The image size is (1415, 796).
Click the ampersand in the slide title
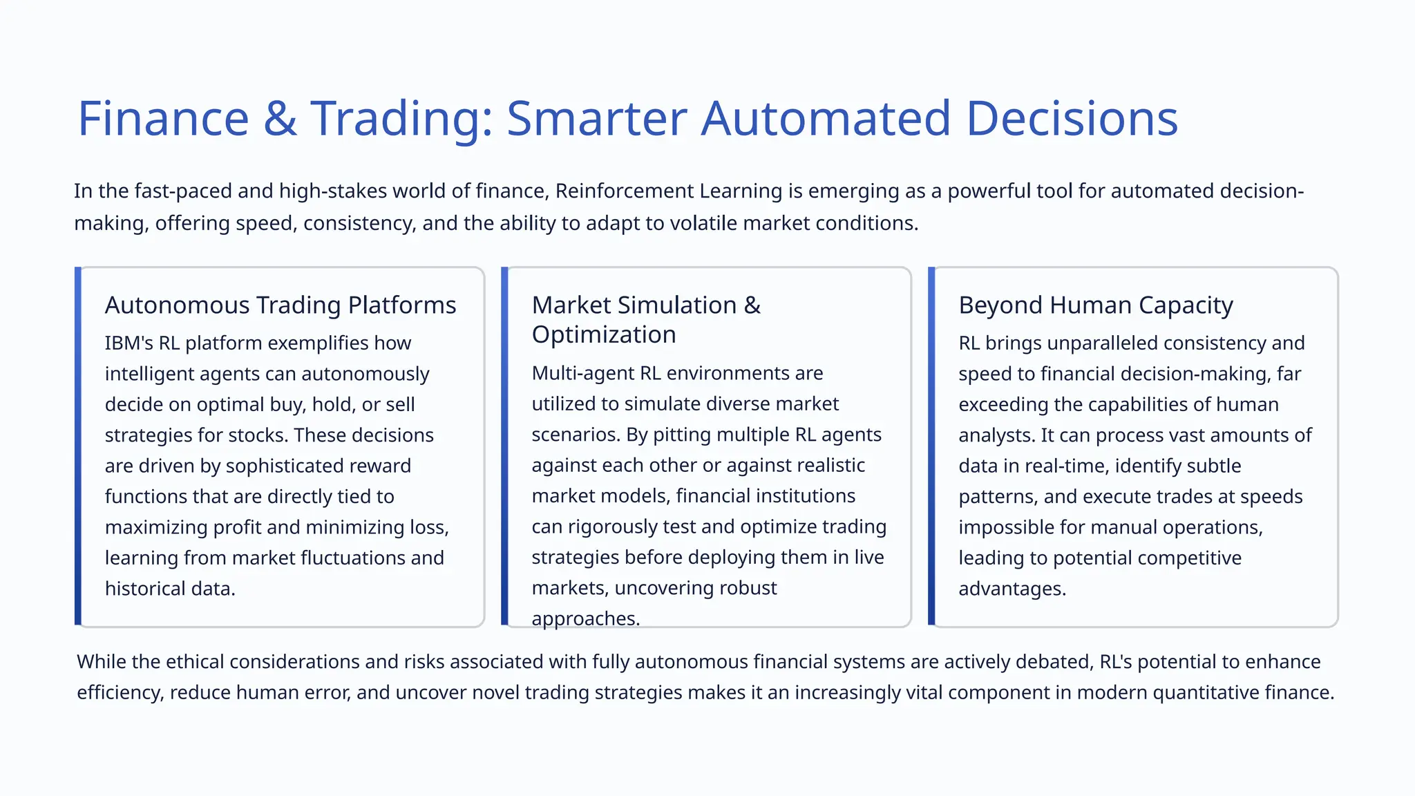pos(280,119)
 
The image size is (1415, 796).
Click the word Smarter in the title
pos(597,119)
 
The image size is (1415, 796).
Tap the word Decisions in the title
pos(1072,119)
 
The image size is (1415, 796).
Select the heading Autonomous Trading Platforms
pos(281,305)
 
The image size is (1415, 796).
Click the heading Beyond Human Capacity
pos(1096,305)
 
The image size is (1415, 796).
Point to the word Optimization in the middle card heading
pos(604,334)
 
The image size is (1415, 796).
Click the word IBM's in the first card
pos(129,343)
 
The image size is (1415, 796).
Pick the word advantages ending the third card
pos(1011,589)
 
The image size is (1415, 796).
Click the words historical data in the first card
pos(169,589)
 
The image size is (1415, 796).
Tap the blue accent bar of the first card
pos(78,446)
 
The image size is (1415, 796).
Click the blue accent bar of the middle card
pos(504,446)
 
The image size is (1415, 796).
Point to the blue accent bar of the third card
pos(931,446)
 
